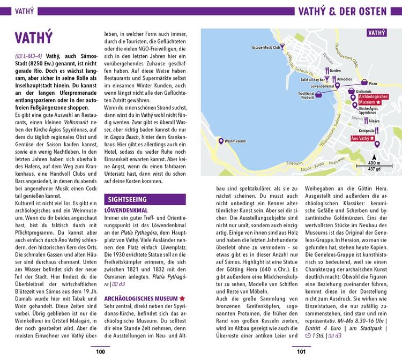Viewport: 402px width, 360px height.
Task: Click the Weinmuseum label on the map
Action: [x=236, y=141]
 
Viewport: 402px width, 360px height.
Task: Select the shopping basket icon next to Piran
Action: [x=364, y=82]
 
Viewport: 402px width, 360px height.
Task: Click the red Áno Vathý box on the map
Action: [x=362, y=138]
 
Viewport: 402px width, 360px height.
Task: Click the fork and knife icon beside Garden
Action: [x=326, y=70]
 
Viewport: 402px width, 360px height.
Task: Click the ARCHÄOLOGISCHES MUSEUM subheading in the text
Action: [x=142, y=298]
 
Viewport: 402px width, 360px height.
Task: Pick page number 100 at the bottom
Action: [x=100, y=351]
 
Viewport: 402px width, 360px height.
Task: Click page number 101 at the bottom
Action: [x=301, y=351]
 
